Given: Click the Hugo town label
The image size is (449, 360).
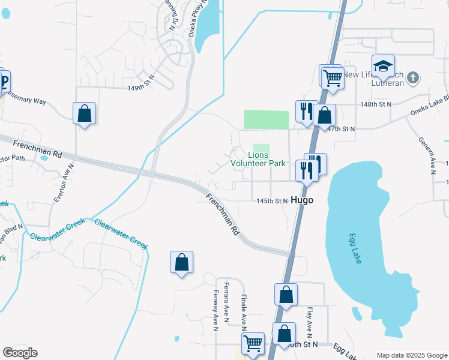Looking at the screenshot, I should (302, 200).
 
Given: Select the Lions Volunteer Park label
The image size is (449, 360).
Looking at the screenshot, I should (258, 158).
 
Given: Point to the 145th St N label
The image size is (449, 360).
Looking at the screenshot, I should (272, 201).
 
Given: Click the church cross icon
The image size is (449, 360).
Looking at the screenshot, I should (412, 77).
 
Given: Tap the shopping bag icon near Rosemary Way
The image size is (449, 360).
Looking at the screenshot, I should (84, 113).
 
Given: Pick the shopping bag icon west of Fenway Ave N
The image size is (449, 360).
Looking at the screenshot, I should (181, 262).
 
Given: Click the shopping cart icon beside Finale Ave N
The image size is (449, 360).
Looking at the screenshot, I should (253, 344).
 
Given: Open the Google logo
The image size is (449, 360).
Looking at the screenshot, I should (20, 353).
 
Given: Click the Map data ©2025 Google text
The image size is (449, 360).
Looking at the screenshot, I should (411, 355).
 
